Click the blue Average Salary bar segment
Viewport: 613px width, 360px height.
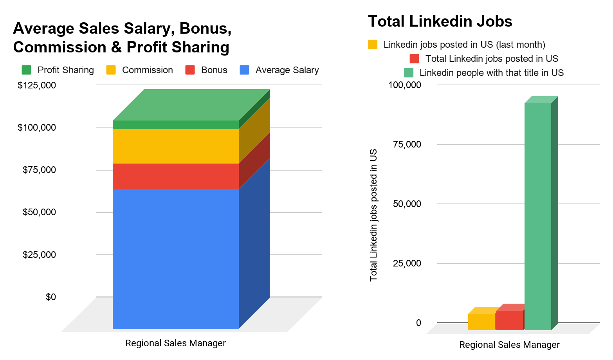pyautogui.click(x=176, y=258)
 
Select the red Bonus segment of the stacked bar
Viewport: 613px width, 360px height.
pyautogui.click(x=176, y=176)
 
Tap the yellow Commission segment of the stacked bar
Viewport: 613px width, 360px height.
pyautogui.click(x=176, y=146)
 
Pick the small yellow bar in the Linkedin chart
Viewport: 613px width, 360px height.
pyautogui.click(x=481, y=322)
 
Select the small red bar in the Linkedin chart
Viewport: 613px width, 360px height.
pyautogui.click(x=509, y=320)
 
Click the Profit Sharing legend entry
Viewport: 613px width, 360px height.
pyautogui.click(x=58, y=70)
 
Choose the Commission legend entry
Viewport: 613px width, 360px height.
pyautogui.click(x=140, y=70)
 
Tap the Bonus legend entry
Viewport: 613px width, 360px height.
pyautogui.click(x=207, y=70)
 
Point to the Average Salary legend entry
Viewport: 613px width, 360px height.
pyautogui.click(x=279, y=70)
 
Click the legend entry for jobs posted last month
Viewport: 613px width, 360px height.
pyautogui.click(x=457, y=45)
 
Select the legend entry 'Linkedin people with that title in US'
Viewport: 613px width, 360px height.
pyautogui.click(x=484, y=73)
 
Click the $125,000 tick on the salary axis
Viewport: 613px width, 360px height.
pyautogui.click(x=37, y=85)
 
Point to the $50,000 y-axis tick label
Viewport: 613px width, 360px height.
pyautogui.click(x=39, y=212)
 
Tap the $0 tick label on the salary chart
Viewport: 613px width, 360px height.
pyautogui.click(x=50, y=297)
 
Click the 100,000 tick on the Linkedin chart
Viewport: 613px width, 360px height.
pyautogui.click(x=404, y=85)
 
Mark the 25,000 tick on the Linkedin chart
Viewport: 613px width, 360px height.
pyautogui.click(x=407, y=263)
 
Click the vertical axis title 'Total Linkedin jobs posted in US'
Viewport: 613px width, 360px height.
pyautogui.click(x=373, y=215)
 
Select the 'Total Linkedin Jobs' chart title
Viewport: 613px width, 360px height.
pyautogui.click(x=440, y=22)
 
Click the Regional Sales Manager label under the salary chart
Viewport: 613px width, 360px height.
pyautogui.click(x=175, y=343)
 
